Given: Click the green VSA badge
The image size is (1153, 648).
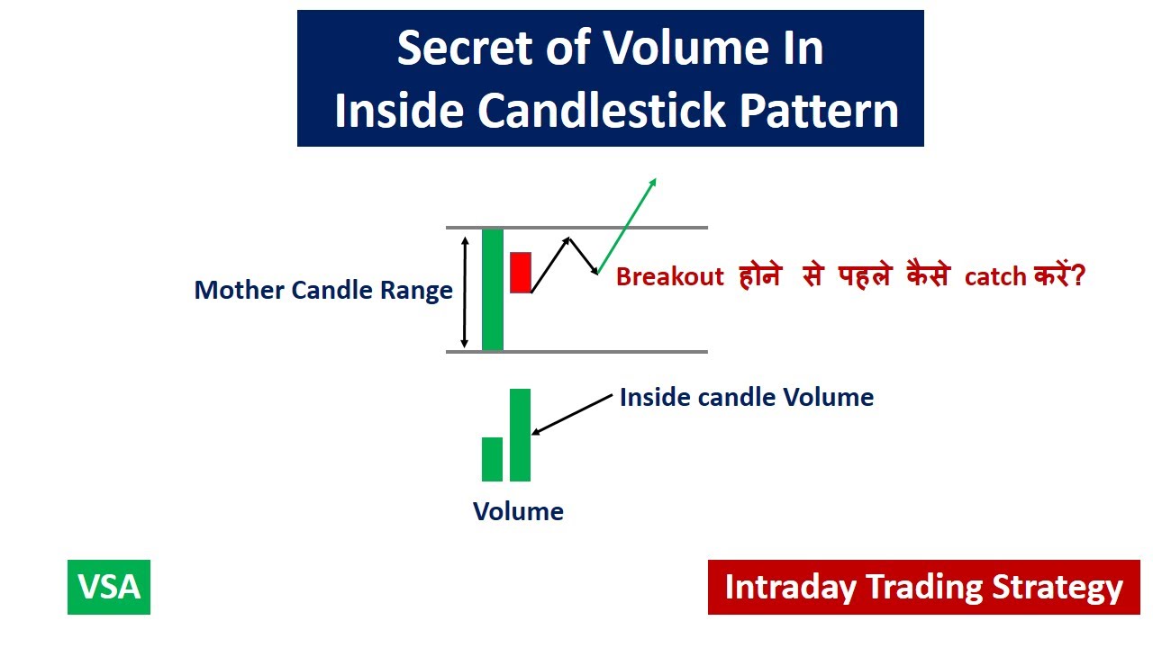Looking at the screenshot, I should pos(109,587).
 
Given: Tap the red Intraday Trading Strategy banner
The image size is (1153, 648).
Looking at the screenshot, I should pos(923,587).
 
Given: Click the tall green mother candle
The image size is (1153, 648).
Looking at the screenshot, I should pos(492,289).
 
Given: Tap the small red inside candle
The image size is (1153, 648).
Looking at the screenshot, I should pos(520,272).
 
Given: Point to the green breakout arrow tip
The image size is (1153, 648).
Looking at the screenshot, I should pos(655,180).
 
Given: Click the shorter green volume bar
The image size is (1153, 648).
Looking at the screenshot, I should pos(492,459).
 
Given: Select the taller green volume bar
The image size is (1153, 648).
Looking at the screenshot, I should pos(520,435).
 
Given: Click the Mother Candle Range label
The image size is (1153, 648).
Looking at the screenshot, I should pos(323,291).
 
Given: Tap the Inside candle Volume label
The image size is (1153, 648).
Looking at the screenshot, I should pos(746,397).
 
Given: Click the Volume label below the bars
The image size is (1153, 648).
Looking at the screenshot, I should pos(518,511).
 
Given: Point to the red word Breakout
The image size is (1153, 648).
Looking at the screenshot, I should pos(669,276).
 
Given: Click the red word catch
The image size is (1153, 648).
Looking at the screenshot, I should pos(995,277).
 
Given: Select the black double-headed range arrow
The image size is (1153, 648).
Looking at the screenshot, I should pos(465,291).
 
